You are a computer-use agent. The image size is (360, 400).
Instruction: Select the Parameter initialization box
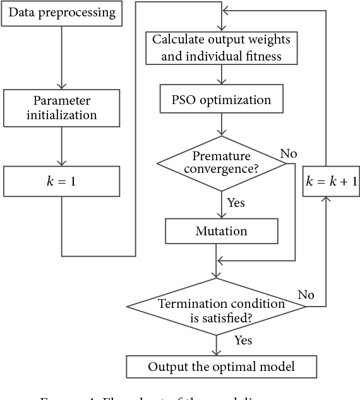62,107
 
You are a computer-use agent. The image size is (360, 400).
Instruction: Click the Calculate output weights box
221,48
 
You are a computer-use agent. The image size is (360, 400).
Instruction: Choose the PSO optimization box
221,100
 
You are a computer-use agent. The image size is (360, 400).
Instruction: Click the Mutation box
221,232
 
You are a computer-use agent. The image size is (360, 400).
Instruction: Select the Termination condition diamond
217,307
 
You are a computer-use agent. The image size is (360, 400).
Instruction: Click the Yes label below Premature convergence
236,203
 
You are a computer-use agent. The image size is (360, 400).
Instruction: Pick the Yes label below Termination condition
243,341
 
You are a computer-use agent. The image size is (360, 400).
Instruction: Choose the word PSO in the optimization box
185,100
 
